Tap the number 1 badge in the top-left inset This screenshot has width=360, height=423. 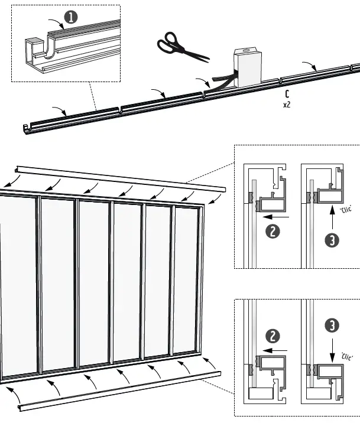[x=71, y=18]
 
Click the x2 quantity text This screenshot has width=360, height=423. [x=287, y=105]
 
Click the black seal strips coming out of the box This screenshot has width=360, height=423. [x=220, y=83]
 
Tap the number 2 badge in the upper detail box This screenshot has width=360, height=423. [x=273, y=232]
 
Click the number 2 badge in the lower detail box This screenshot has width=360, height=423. [x=273, y=336]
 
